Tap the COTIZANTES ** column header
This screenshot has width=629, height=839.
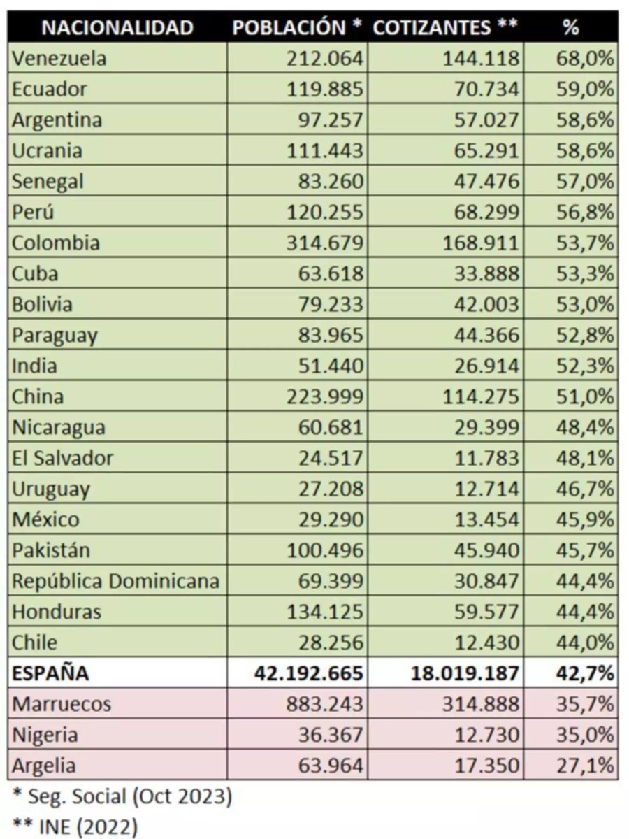tap(445, 27)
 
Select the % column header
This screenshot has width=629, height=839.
tap(570, 27)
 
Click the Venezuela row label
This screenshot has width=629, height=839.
tap(59, 59)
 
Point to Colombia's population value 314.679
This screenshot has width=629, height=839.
tap(325, 243)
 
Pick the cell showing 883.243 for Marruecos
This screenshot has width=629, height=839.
tap(325, 704)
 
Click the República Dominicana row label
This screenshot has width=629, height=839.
tap(115, 581)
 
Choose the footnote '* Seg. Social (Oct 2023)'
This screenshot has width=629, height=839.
tap(122, 796)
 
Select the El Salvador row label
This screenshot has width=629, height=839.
tap(62, 459)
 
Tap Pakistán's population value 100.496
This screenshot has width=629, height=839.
tap(325, 550)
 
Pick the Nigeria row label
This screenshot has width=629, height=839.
tap(45, 735)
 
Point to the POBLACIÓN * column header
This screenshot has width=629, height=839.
tap(296, 27)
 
